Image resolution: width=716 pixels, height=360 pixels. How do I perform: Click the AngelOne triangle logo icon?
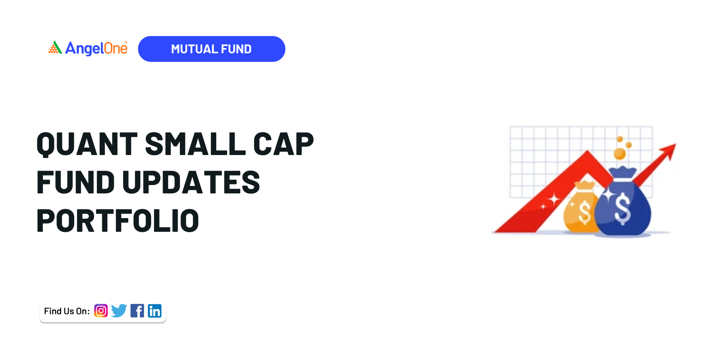point(55,48)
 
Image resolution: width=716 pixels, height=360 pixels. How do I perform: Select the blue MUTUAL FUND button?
point(211,49)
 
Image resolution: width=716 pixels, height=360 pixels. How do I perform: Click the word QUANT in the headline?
point(87,144)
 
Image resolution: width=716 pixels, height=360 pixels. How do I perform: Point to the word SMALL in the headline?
point(195,144)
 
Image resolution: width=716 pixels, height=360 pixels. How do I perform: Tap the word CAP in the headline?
point(283,144)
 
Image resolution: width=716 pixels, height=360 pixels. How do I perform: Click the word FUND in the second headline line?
point(76,182)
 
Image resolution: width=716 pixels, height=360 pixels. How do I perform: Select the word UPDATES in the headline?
point(191,182)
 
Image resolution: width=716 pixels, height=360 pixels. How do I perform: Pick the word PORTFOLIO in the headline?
point(118,221)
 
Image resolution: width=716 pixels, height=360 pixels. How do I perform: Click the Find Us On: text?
point(67,311)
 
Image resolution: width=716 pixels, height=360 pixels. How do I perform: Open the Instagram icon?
point(101,310)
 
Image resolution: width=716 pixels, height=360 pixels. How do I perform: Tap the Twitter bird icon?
point(119,310)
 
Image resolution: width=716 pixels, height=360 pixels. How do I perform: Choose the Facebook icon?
point(137,310)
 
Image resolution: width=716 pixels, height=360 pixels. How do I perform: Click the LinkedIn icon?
point(155,310)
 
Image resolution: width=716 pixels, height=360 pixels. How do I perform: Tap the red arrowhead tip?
point(675,144)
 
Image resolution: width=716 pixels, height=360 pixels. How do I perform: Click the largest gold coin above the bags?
point(620,154)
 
